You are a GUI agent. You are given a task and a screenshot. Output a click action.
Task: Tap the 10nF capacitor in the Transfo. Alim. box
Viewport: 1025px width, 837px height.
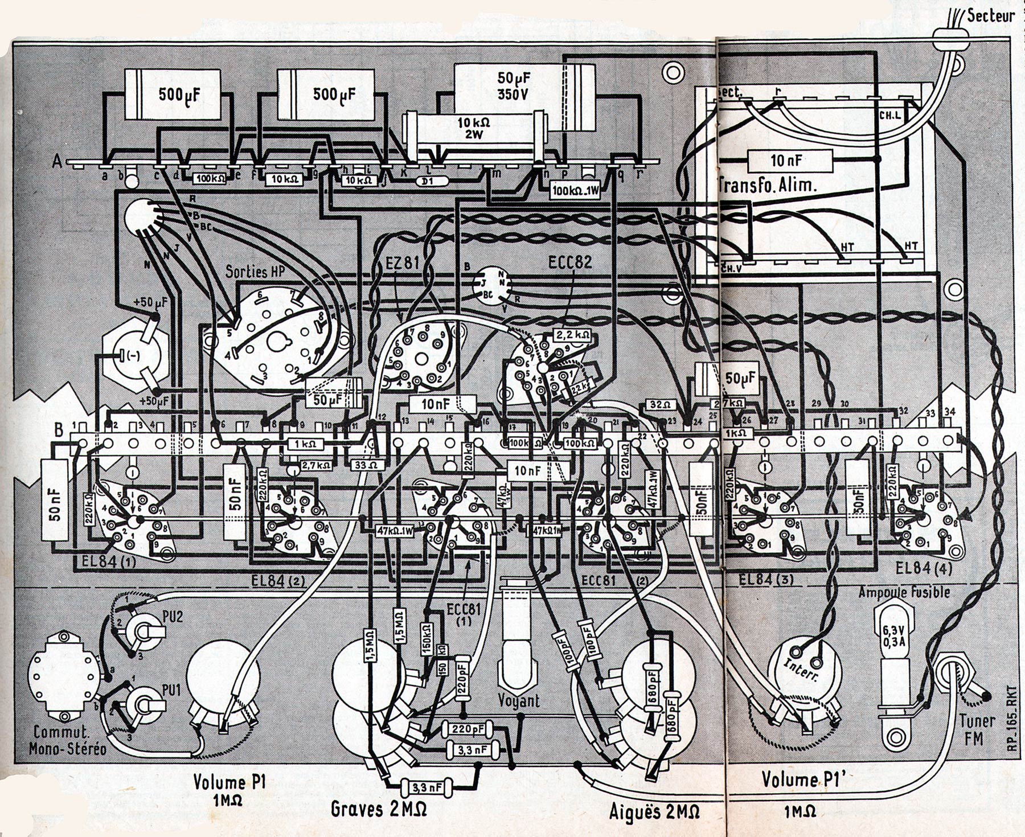786,161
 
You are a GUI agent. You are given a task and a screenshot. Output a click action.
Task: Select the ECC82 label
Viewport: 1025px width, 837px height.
570,262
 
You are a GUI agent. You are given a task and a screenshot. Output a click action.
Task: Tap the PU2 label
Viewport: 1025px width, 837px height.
173,617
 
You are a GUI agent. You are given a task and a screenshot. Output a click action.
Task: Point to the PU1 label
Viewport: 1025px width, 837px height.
173,690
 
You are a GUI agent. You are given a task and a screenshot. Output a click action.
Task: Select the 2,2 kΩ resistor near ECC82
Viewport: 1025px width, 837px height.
571,336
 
